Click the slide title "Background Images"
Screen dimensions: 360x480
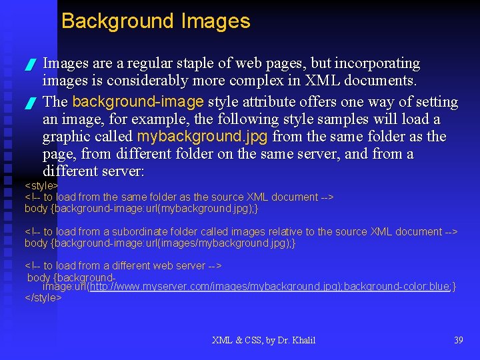point(155,21)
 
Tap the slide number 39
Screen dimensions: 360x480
point(458,340)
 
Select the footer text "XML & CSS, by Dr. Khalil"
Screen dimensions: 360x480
point(263,340)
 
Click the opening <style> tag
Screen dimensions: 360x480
point(41,185)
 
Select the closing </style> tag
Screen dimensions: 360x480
point(43,298)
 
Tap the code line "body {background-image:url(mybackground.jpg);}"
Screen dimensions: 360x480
point(141,209)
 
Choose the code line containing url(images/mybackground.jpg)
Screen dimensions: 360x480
point(160,243)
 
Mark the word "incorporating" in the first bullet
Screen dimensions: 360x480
point(377,64)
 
